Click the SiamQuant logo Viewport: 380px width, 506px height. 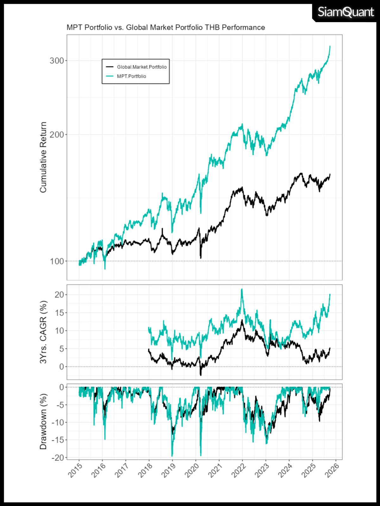(345, 12)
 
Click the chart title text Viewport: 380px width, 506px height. (166, 28)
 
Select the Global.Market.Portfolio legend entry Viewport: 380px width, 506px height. (142, 67)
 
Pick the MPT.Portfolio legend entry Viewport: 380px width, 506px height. (131, 76)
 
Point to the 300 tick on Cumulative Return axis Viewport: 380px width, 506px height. (57, 60)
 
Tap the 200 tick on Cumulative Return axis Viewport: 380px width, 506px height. (57, 135)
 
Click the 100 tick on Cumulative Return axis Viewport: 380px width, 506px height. (57, 261)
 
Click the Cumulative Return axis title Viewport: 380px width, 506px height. (43, 157)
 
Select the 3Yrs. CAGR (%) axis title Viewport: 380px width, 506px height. (43, 332)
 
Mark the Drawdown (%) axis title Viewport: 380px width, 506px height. (43, 421)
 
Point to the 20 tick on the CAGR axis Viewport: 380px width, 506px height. (59, 295)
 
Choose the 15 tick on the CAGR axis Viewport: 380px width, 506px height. (59, 313)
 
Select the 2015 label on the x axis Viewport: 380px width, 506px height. (75, 470)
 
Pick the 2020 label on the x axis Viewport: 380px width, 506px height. (192, 470)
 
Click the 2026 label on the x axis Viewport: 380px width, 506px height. (332, 470)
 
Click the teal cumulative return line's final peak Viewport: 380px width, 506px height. (330, 46)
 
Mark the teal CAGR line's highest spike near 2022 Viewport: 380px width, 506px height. (242, 289)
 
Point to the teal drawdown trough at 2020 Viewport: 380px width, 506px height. (201, 455)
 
